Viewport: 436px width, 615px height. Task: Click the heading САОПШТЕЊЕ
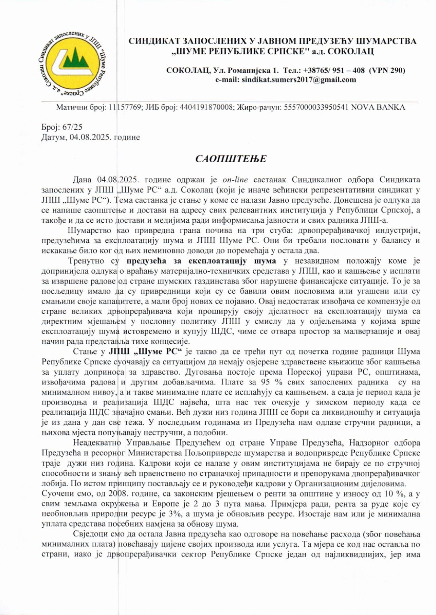click(x=231, y=159)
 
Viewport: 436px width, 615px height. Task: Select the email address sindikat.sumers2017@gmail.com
click(x=299, y=80)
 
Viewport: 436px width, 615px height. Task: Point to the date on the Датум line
click(x=90, y=137)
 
